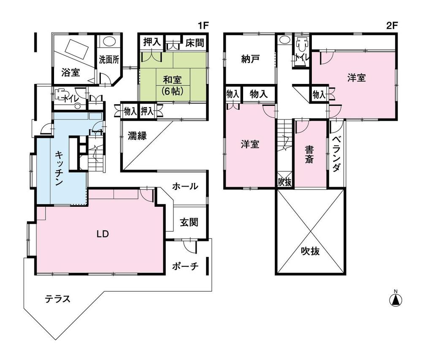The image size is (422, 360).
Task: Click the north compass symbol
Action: [395, 299]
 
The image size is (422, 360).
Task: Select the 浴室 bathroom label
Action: [70, 73]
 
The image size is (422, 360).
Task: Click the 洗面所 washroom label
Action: [108, 59]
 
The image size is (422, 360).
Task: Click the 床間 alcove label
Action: [195, 42]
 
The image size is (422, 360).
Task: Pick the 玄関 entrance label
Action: [189, 222]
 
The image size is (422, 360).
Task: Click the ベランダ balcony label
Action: [336, 154]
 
